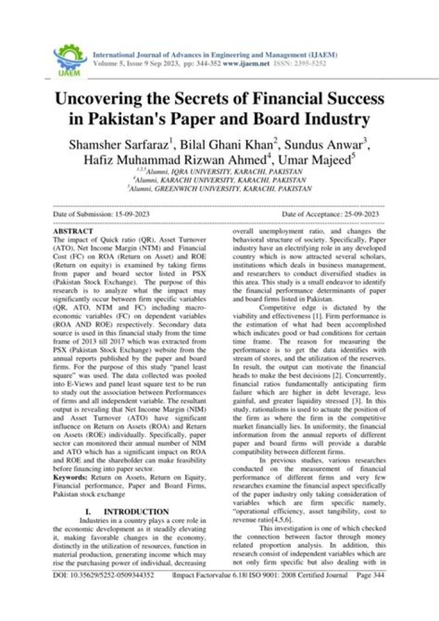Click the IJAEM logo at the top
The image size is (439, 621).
(x=71, y=59)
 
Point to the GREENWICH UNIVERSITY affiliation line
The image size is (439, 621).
(x=221, y=189)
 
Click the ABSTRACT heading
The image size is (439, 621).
(x=73, y=232)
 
